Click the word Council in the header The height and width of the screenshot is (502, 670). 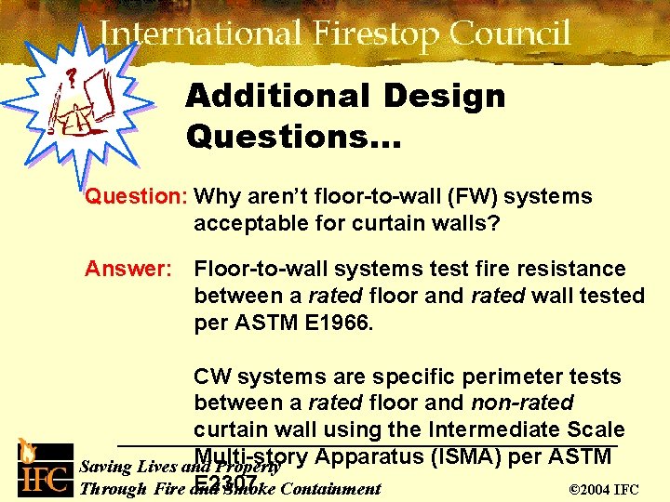pos(511,34)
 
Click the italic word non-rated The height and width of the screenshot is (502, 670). pos(522,403)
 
